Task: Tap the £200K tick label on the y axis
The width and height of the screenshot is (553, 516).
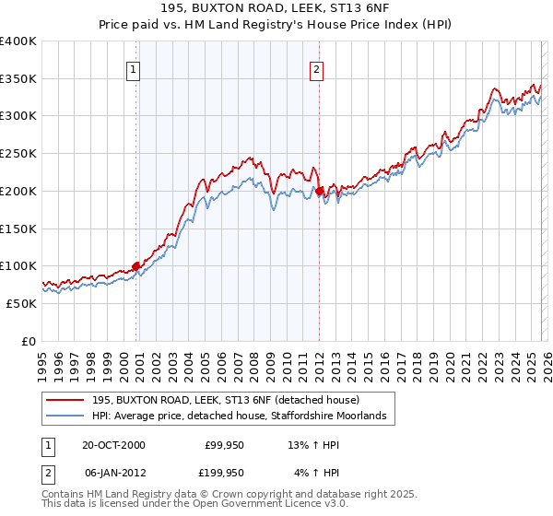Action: point(18,191)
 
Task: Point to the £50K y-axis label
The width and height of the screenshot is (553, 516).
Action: point(21,303)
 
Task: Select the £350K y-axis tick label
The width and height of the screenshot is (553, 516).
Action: point(18,79)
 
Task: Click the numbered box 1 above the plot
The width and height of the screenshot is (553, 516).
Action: point(135,68)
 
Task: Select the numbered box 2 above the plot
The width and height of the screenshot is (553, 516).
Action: point(317,68)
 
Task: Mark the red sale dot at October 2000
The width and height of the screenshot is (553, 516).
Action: point(136,266)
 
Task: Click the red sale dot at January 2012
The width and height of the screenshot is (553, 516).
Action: point(319,192)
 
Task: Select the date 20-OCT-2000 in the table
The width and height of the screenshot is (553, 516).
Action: point(113,445)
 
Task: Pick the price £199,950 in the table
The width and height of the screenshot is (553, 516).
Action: point(225,472)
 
